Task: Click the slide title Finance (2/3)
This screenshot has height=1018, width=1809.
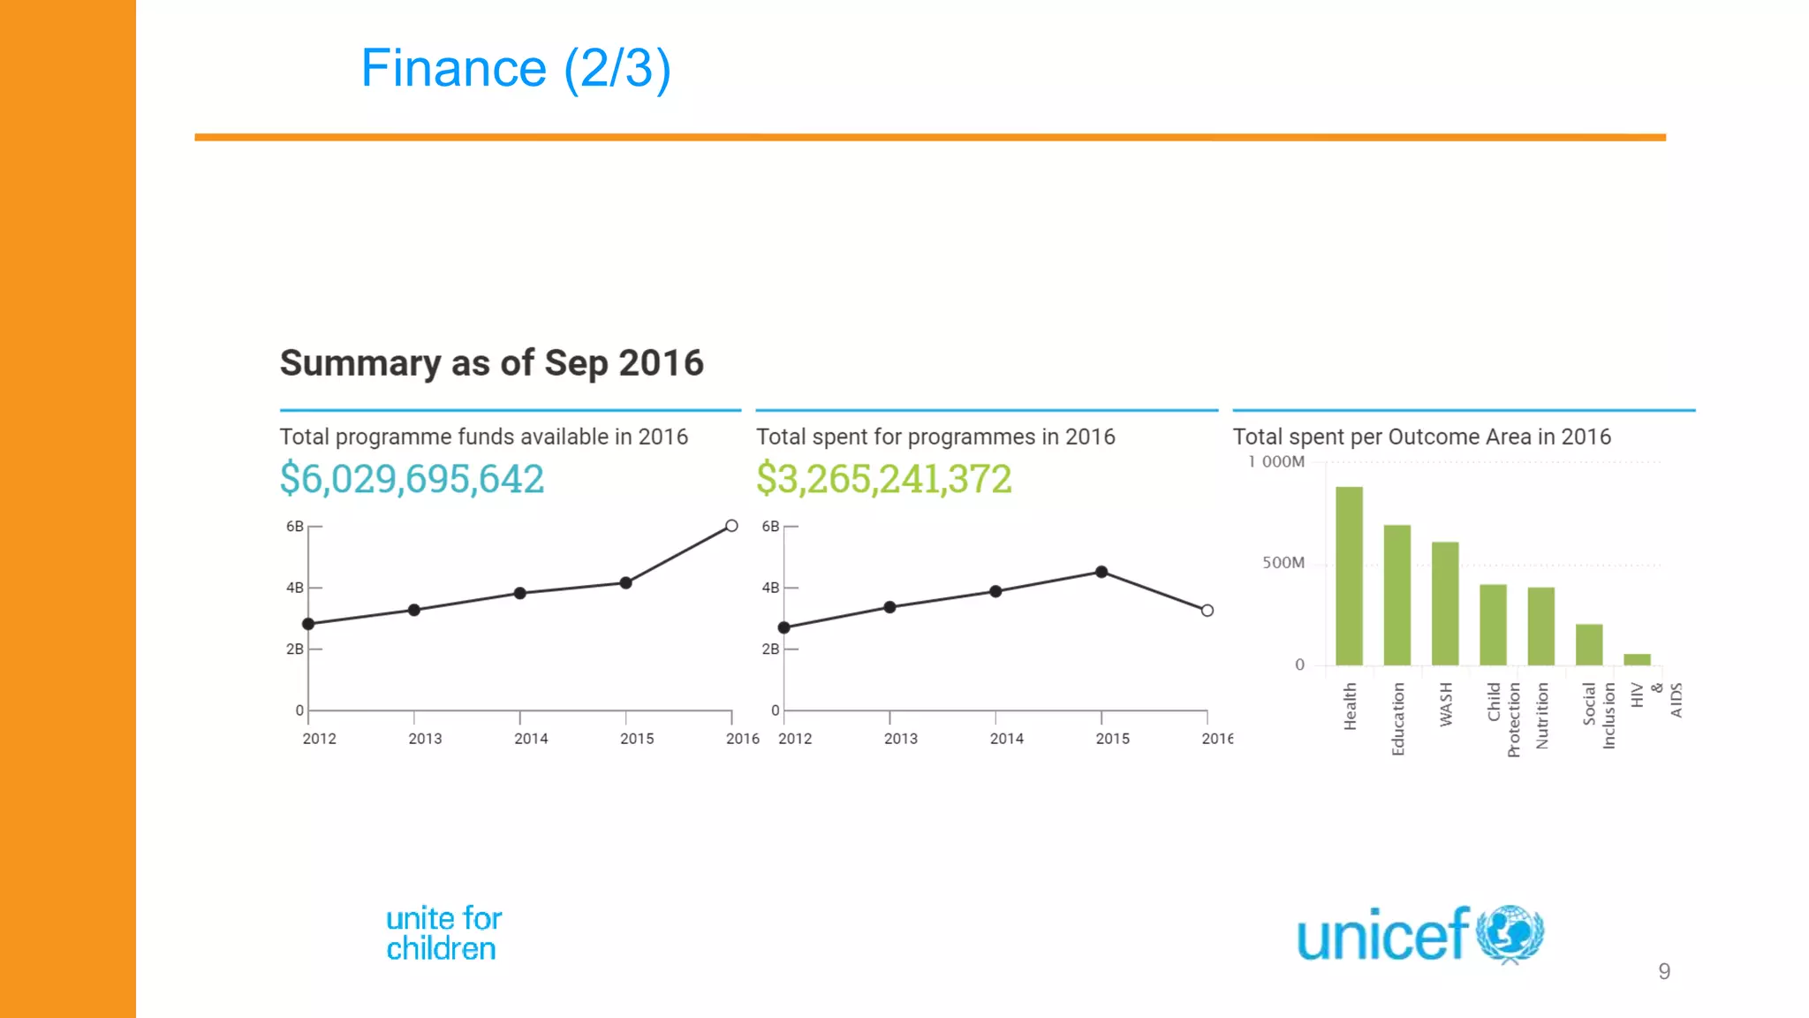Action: coord(516,68)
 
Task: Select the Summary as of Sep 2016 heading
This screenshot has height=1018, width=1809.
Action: coord(491,363)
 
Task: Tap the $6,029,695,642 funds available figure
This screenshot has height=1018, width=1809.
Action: coord(412,479)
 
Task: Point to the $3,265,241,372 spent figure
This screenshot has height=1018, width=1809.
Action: coord(883,479)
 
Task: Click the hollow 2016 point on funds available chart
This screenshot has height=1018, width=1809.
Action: coord(731,526)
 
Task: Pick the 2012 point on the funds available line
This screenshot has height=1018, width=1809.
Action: coord(308,624)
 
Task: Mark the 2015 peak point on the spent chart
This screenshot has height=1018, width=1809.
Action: coord(1101,572)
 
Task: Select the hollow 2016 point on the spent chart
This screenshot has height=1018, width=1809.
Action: coord(1207,611)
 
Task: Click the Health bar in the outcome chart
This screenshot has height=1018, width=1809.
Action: coord(1349,575)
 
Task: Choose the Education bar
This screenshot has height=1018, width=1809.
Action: coord(1396,595)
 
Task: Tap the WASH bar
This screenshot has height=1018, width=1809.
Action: coord(1445,603)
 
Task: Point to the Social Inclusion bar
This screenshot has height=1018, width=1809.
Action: coord(1589,644)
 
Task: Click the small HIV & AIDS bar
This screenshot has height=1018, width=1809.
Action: coord(1637,659)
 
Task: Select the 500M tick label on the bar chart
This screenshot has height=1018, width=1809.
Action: coord(1283,563)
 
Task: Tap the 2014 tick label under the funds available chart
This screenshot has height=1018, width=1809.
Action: coord(531,739)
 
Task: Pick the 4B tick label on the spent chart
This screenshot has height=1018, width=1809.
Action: coord(770,588)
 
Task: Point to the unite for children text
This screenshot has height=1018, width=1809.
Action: coord(443,933)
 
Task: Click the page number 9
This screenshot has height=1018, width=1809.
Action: coord(1664,972)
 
